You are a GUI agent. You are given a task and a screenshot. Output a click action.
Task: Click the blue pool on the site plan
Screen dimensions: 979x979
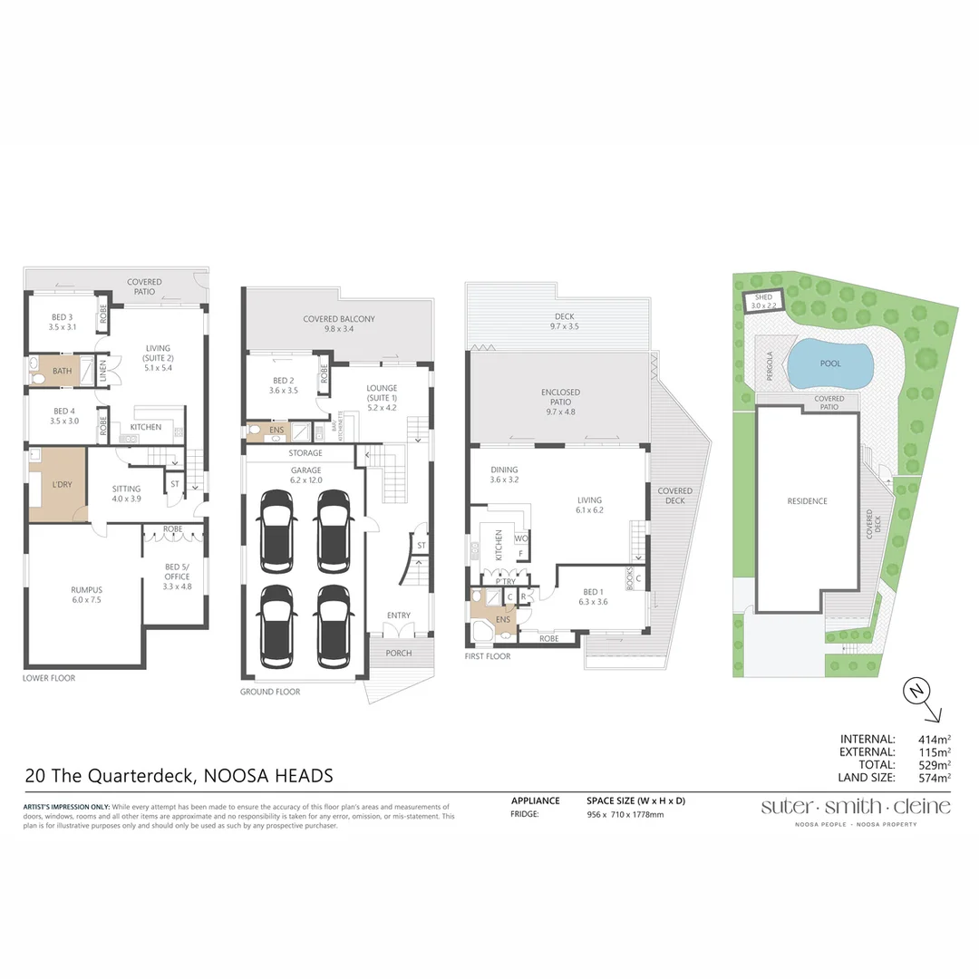(x=830, y=363)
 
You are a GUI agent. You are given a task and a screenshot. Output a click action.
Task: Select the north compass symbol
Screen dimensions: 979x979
(x=916, y=692)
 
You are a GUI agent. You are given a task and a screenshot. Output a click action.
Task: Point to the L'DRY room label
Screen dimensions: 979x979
(x=62, y=485)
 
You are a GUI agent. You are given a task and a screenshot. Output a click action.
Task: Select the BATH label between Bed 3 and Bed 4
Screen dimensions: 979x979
(x=62, y=371)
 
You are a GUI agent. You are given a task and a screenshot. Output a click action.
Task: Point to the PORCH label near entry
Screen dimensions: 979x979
(x=398, y=653)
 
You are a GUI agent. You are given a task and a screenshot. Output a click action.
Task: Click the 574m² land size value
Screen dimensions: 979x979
(x=935, y=778)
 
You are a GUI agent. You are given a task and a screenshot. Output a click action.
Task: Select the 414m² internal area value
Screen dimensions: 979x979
(x=935, y=740)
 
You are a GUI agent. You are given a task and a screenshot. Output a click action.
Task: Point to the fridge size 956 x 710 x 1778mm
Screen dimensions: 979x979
(x=625, y=815)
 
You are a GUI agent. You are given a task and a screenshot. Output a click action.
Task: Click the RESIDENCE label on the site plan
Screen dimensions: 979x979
(x=807, y=501)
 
